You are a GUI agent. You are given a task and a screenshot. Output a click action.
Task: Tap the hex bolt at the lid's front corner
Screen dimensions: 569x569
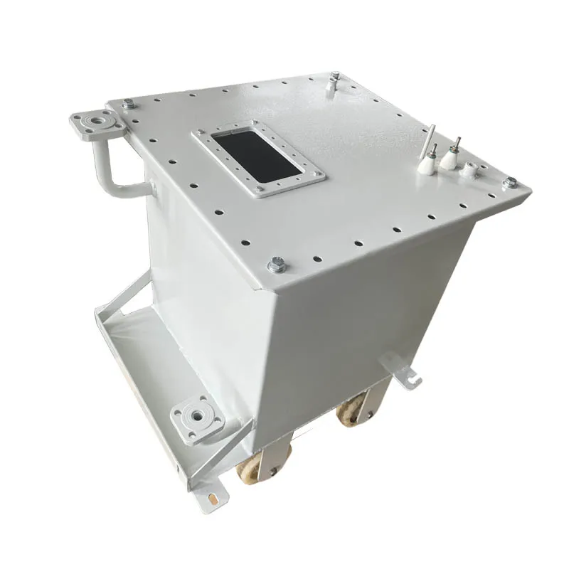tap(276, 266)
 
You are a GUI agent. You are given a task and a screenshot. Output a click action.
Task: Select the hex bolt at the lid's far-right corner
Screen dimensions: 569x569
tap(509, 183)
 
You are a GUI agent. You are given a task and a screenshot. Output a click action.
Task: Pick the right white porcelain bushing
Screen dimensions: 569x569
tap(450, 158)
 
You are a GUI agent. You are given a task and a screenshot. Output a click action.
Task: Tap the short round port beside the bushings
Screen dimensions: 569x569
tap(470, 171)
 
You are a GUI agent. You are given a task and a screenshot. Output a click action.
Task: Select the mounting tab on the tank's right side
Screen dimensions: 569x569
tap(404, 371)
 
